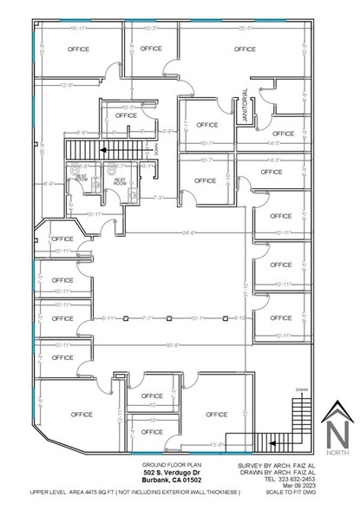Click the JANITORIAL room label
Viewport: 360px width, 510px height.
point(245,106)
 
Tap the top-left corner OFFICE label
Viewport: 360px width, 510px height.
point(82,49)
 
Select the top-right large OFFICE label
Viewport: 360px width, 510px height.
point(245,49)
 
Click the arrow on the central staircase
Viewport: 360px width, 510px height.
point(103,149)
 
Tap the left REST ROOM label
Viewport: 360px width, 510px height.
point(82,177)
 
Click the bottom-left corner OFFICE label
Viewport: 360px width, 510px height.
point(82,414)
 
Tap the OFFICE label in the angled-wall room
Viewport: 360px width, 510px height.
point(62,239)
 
